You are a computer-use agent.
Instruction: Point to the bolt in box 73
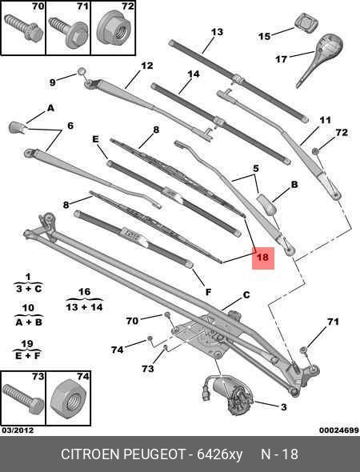22,396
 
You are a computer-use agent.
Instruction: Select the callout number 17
280,59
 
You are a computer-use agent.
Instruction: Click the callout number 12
146,66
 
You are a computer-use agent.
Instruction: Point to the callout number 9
53,82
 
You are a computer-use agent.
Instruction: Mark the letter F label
208,293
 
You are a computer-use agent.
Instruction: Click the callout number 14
193,75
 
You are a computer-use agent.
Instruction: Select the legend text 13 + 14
85,306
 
